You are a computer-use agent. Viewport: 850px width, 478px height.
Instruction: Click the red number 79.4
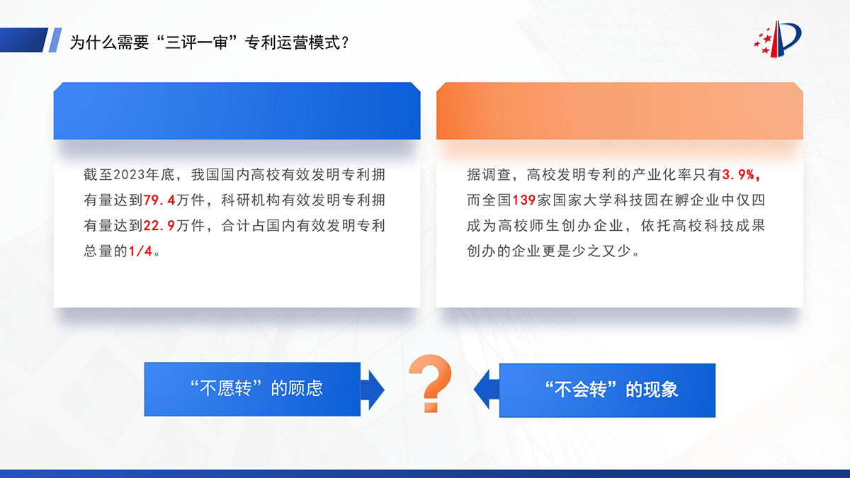pos(159,200)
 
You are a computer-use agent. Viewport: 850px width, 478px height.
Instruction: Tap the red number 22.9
pos(159,226)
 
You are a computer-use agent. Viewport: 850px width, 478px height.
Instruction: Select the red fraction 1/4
pos(140,251)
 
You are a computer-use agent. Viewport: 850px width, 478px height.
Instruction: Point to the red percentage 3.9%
pos(741,174)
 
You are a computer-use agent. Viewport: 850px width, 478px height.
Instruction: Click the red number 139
pos(524,200)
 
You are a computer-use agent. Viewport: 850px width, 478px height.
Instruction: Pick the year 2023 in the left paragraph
pos(130,174)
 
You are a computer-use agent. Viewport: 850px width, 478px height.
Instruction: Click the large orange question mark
pos(431,383)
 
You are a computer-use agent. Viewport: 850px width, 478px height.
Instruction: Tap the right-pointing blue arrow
pos(373,389)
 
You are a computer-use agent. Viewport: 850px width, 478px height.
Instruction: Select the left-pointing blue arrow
pos(487,389)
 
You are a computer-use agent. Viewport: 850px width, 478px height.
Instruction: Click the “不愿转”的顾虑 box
pos(252,389)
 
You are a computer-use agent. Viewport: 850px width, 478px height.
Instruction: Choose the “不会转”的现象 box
pos(607,390)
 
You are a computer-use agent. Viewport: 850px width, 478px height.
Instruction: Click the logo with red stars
pos(778,39)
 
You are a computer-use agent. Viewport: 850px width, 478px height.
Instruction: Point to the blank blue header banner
pos(237,110)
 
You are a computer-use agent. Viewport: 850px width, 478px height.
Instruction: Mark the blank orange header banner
pos(620,110)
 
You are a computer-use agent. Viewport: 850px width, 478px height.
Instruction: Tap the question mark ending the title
pos(345,42)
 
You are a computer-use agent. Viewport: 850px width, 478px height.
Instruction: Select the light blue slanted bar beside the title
pos(55,40)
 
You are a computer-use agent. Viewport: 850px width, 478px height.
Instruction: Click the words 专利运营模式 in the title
pos(293,42)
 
